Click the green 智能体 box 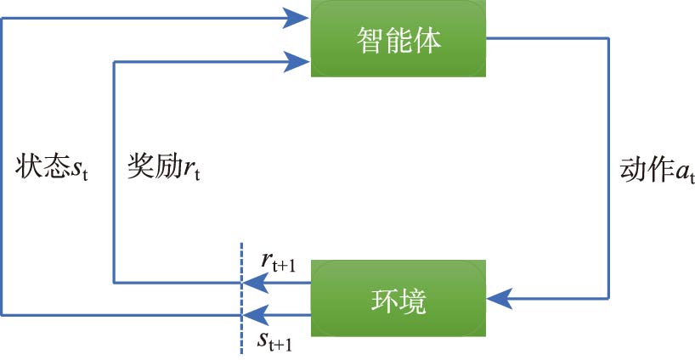(x=398, y=41)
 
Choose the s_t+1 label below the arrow (x=276, y=342)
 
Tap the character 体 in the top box (x=427, y=41)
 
